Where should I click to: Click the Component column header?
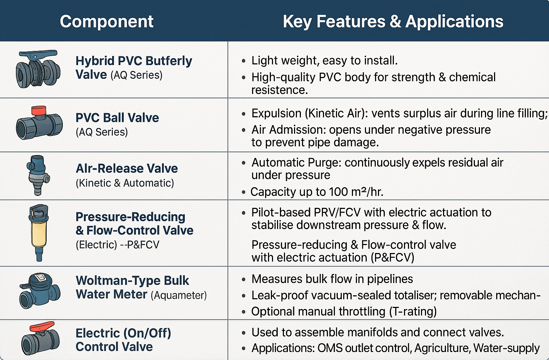107,22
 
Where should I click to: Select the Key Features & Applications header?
393,22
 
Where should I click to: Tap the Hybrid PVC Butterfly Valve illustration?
38,69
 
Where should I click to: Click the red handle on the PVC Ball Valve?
39,110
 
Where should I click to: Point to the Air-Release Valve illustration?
38,175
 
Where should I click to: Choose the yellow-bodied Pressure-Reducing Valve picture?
39,233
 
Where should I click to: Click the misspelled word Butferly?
169,61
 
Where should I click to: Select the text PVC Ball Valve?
117,118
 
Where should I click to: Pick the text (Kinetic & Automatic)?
125,183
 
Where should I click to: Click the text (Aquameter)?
179,295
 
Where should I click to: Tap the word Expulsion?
276,113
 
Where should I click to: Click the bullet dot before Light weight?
243,61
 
